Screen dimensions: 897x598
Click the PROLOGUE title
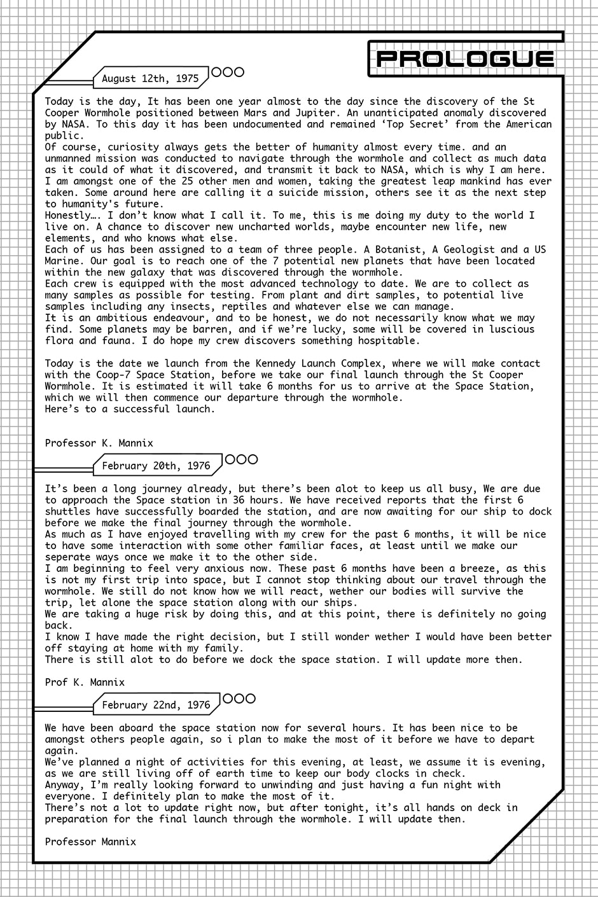pos(465,59)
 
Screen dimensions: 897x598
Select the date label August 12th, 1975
pos(150,79)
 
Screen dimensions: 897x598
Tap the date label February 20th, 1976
pos(156,466)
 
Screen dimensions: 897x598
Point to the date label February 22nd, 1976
pos(156,705)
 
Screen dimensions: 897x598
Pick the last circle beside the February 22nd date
pos(250,699)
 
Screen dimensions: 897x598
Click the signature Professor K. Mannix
pos(99,443)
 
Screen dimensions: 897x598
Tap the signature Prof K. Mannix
pos(85,682)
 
